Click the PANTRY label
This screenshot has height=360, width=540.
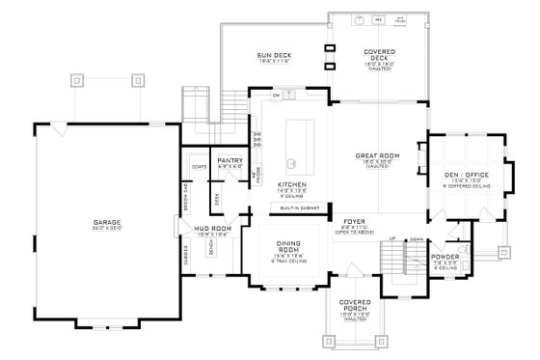click(x=229, y=160)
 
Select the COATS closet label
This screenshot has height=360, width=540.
click(x=200, y=166)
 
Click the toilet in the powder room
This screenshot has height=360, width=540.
click(x=466, y=254)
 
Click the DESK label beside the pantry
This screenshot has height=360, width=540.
click(x=217, y=198)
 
